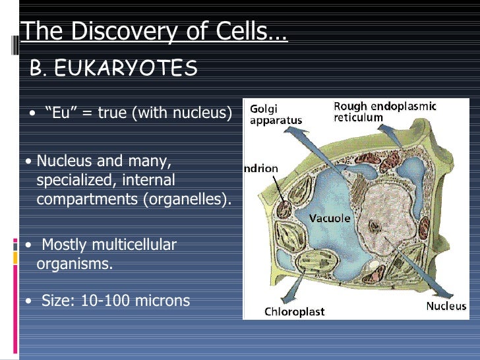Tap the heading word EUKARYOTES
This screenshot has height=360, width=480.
tap(127, 68)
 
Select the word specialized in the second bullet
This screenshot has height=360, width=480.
tap(72, 180)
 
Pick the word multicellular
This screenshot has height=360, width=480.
tap(135, 245)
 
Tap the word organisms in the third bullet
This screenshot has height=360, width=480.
tap(75, 264)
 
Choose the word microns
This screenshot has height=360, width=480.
tap(162, 301)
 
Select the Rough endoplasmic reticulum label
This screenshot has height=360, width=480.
tap(385, 111)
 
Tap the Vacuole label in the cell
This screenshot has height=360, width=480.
tap(330, 218)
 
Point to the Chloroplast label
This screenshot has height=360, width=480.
tap(295, 311)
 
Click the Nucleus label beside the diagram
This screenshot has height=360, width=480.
tap(446, 305)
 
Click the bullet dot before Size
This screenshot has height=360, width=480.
tap(27, 302)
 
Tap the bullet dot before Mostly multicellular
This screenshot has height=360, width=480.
tap(27, 245)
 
